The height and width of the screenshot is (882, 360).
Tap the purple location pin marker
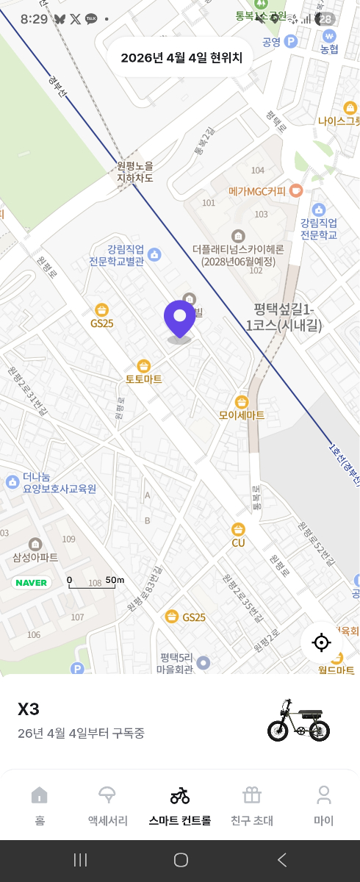coord(179,319)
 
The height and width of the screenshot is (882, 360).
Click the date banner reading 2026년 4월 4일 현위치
coord(181,58)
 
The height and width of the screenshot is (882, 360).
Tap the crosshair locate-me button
coord(321,642)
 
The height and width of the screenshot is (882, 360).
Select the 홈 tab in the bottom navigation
coord(40,805)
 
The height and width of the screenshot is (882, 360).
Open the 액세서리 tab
coord(107,805)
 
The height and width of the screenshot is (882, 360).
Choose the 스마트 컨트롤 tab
coord(180,805)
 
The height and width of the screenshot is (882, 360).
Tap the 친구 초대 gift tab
coord(252,805)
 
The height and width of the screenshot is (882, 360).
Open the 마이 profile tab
coord(323,805)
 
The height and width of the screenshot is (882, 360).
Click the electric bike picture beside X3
coord(298,720)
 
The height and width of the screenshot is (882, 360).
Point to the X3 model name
coord(29,709)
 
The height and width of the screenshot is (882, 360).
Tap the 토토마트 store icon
coord(144,366)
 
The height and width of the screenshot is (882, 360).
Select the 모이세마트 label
coord(242,415)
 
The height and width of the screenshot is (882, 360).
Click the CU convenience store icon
coord(238,529)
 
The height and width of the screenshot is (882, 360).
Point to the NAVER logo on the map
coord(31,583)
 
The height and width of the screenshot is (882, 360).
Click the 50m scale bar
coord(96,582)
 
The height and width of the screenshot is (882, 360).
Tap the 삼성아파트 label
coord(35,557)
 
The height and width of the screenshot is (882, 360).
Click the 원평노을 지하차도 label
coord(135,172)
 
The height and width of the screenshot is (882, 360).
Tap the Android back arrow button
coord(281,860)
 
